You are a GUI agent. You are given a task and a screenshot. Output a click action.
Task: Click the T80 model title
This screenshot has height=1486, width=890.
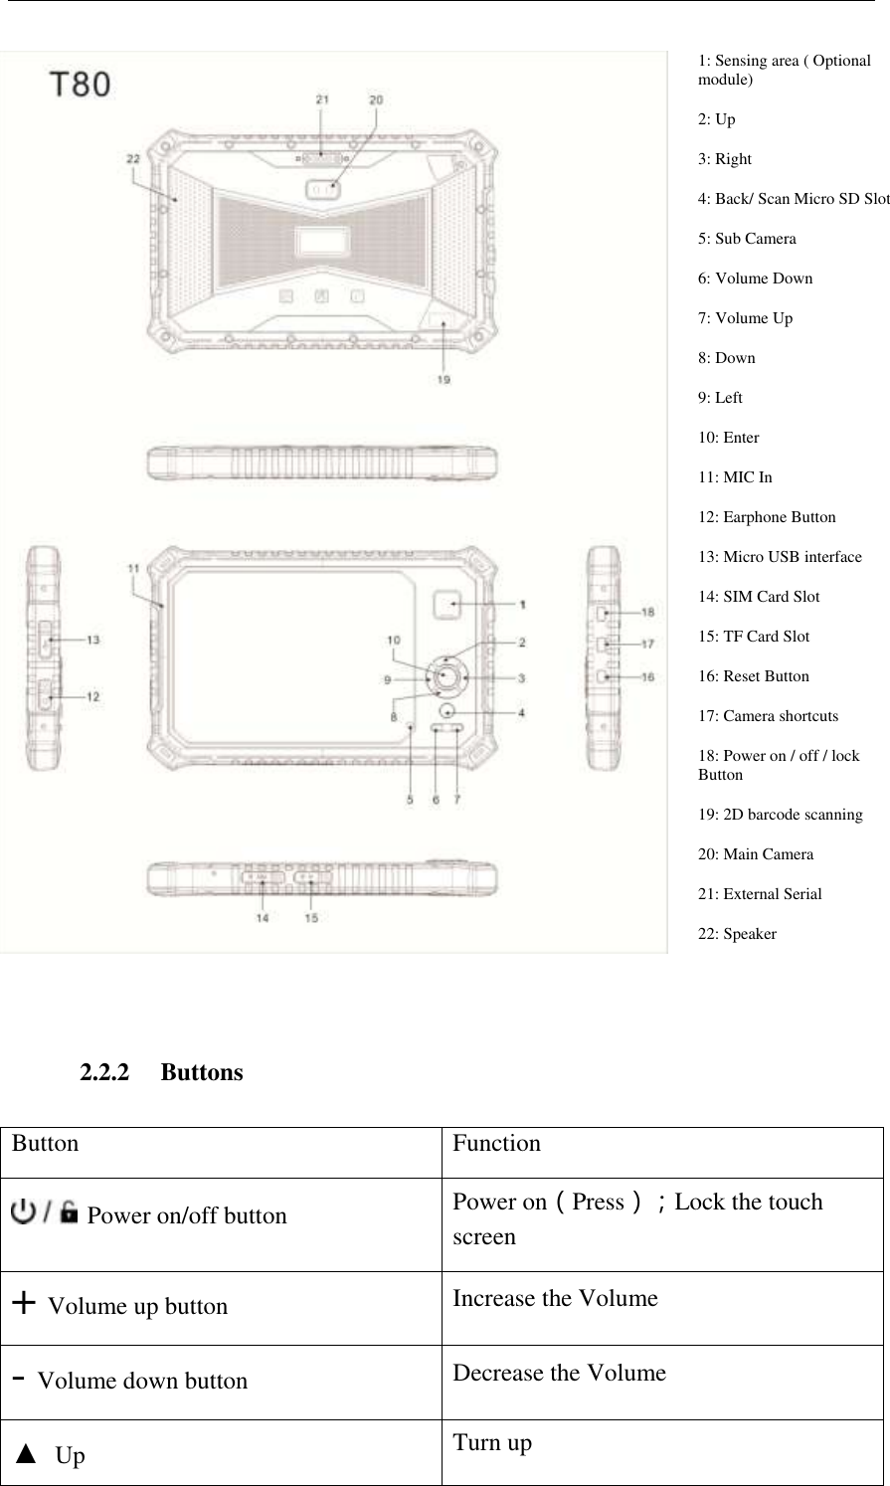point(82,85)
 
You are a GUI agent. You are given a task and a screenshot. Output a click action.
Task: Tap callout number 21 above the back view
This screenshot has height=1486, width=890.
point(322,99)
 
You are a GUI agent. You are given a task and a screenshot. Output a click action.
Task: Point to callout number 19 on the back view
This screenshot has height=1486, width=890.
point(444,379)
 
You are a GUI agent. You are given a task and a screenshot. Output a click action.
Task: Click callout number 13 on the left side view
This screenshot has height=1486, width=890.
point(92,641)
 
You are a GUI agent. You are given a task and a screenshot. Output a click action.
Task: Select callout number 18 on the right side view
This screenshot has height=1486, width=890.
point(647,613)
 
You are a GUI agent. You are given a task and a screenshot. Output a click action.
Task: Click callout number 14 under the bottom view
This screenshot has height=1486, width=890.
point(262,918)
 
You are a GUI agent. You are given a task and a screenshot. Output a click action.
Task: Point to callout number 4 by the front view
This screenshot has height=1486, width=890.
point(521,712)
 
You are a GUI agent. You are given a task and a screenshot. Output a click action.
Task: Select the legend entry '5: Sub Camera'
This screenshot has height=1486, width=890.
point(747,239)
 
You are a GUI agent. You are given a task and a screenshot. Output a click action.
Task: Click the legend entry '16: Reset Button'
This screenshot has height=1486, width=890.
point(753,676)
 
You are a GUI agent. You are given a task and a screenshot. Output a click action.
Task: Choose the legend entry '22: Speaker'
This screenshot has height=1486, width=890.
point(737,934)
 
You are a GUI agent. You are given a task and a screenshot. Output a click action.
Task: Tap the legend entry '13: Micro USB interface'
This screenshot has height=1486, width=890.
point(780,557)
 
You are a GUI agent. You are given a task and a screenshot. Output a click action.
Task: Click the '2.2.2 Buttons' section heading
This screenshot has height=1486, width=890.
point(161,1073)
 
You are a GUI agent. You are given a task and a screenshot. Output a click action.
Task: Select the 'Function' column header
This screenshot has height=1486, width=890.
point(496,1144)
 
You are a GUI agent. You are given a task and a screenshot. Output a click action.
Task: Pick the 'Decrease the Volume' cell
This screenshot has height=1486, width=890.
point(559,1374)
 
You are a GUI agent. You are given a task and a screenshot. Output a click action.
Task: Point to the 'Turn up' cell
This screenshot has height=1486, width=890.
point(492,1442)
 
